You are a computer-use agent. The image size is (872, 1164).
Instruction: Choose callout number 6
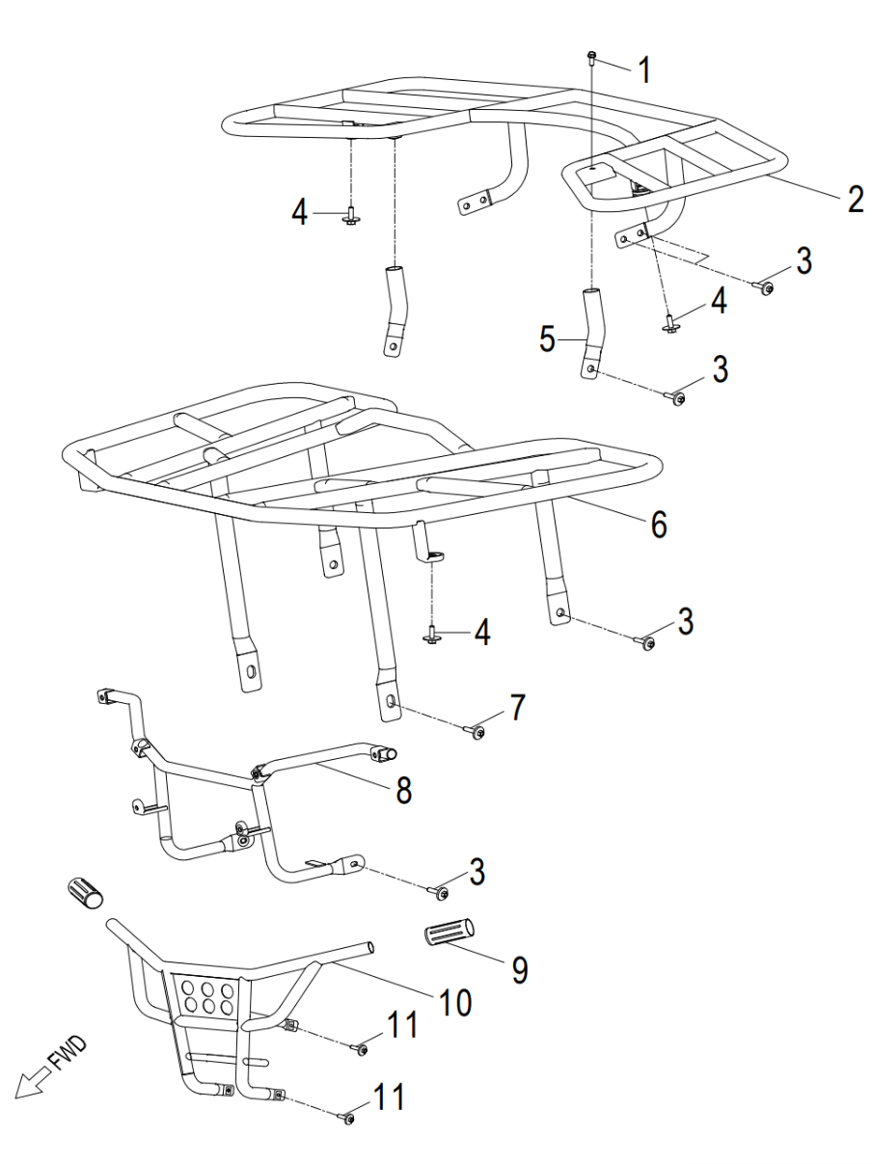coord(656,526)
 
